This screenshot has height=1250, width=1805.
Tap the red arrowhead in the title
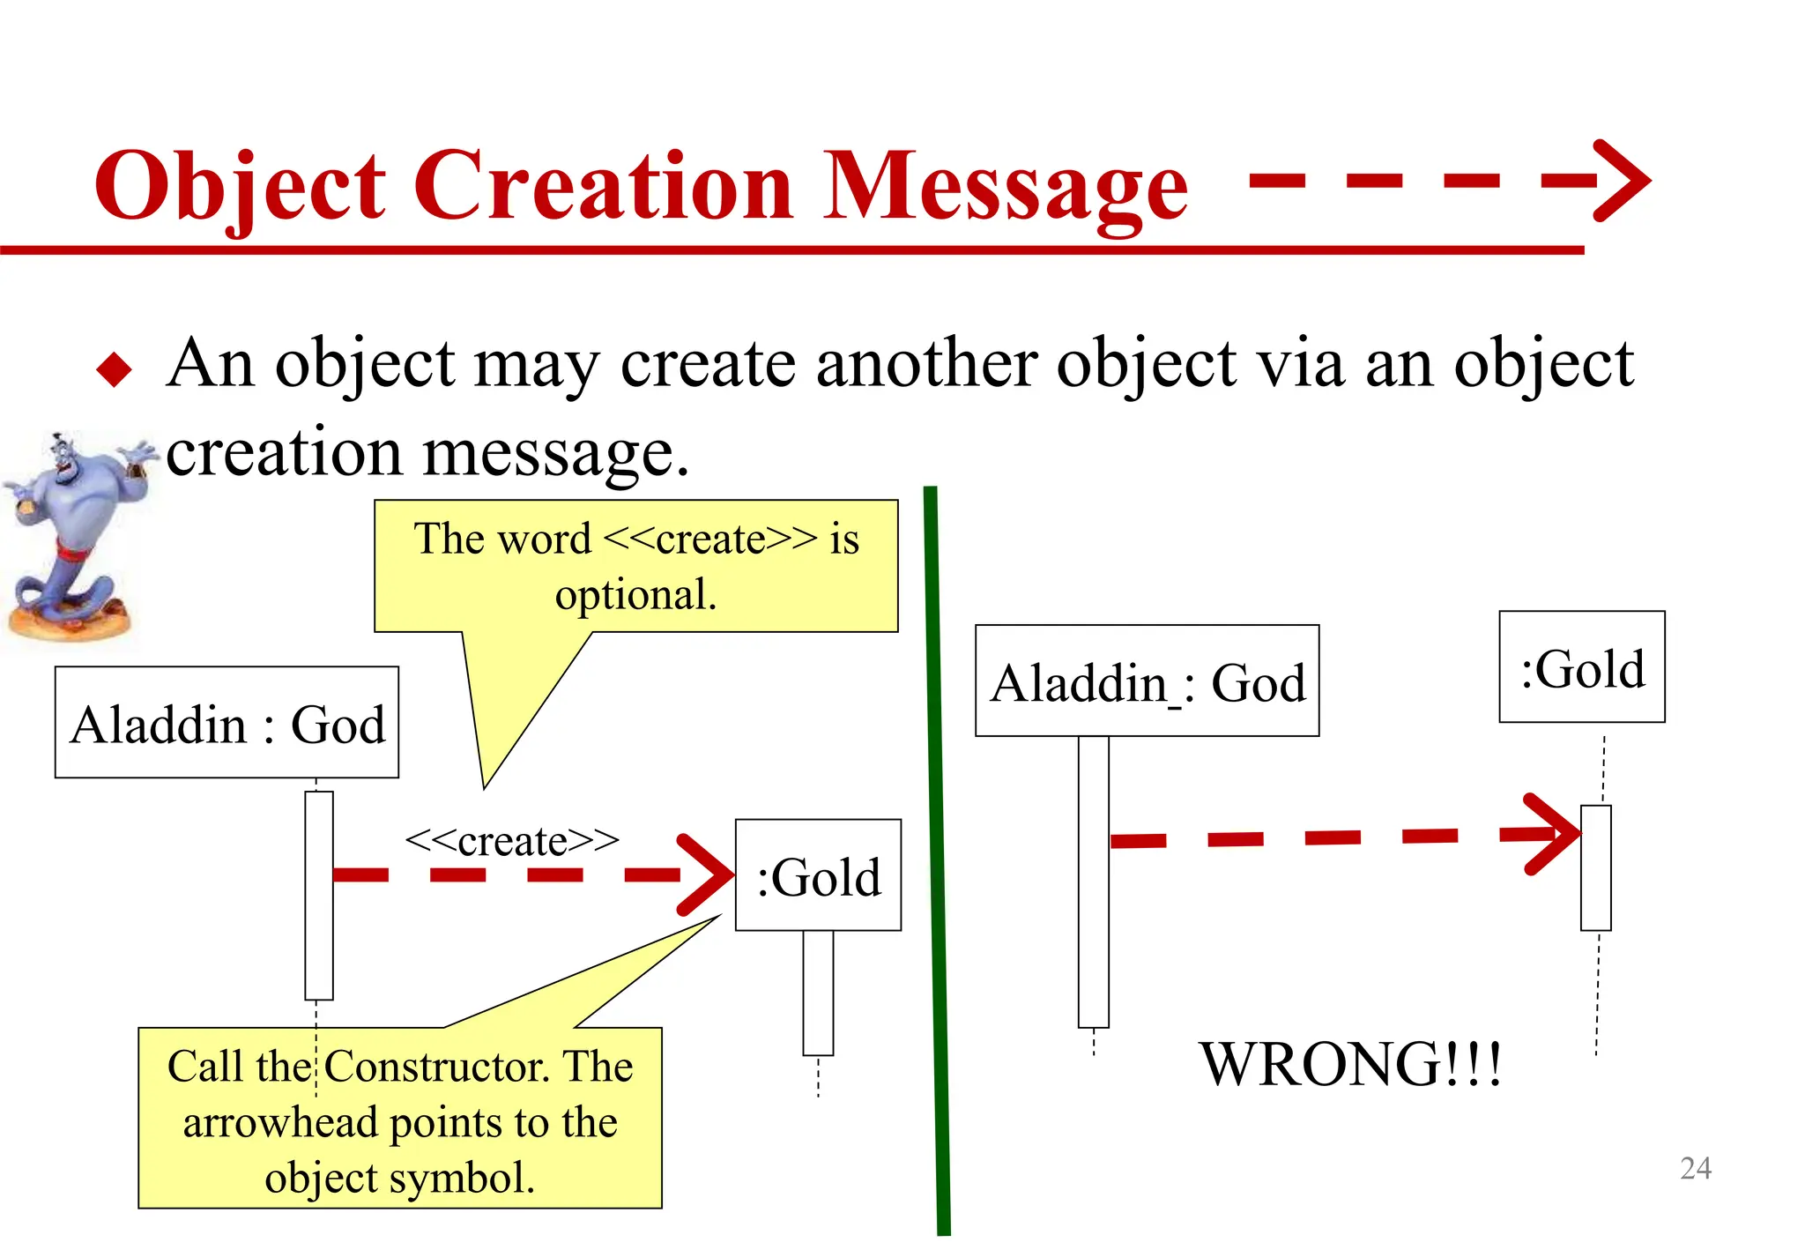tap(1622, 181)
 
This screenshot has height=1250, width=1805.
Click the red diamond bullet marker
tap(114, 368)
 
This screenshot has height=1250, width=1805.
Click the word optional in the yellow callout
tap(635, 594)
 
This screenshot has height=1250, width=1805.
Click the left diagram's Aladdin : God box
tap(227, 722)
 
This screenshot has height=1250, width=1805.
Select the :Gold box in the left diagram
tap(818, 875)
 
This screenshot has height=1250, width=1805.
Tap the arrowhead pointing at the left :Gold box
tap(710, 874)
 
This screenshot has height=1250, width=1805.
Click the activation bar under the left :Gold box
tap(818, 992)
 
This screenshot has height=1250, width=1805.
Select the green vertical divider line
tap(937, 859)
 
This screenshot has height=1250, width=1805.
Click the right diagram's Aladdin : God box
tap(1147, 681)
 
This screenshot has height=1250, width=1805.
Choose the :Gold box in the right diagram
tap(1581, 666)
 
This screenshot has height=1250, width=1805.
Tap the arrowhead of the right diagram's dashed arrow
tap(1553, 834)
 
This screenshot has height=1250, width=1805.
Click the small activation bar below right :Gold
tap(1595, 867)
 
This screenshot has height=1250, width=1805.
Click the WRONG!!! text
tap(1350, 1064)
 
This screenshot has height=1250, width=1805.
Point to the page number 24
tap(1695, 1168)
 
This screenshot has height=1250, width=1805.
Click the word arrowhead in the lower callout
tap(279, 1123)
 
